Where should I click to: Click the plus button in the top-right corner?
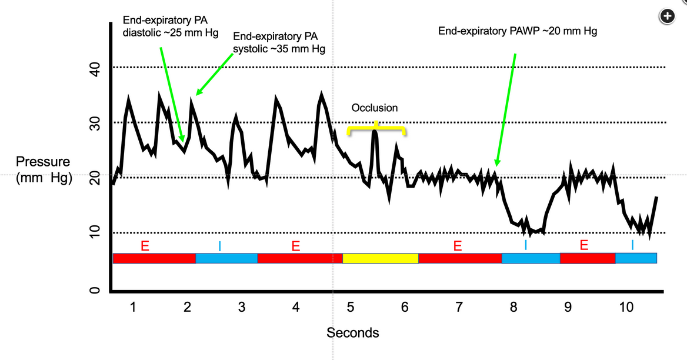(666, 16)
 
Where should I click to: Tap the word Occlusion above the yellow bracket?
(375, 108)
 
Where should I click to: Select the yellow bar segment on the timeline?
(380, 258)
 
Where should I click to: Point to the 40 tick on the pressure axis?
(95, 71)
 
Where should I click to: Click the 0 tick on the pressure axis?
(95, 291)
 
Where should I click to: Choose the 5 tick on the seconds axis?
(350, 307)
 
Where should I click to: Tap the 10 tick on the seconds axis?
(626, 307)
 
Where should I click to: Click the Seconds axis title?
(353, 333)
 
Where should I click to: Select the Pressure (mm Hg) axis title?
(44, 169)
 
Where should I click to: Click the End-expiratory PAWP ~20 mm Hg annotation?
(518, 31)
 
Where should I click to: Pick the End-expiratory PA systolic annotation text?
(279, 43)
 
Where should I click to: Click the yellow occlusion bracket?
(376, 128)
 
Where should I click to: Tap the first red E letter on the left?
(145, 246)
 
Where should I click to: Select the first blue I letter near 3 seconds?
(219, 246)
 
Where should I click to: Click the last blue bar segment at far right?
(636, 258)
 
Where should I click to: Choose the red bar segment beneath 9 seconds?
(587, 258)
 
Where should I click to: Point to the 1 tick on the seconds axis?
(134, 307)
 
